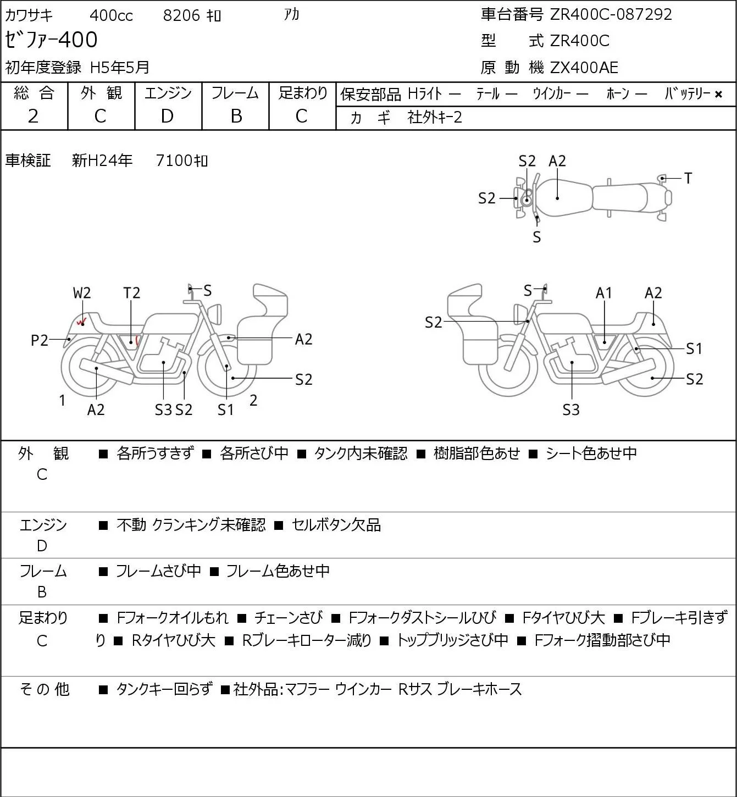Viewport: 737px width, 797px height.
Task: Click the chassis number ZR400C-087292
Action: pyautogui.click(x=611, y=15)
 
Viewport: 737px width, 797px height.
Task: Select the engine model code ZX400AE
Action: pyautogui.click(x=584, y=68)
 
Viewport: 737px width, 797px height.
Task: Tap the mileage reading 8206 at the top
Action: pyautogui.click(x=181, y=15)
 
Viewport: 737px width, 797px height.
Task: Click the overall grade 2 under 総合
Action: pyautogui.click(x=34, y=117)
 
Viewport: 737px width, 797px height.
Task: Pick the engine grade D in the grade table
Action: pyautogui.click(x=167, y=117)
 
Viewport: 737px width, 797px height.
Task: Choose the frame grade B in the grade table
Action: pyautogui.click(x=236, y=117)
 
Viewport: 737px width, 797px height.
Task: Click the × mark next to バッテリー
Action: pyautogui.click(x=718, y=95)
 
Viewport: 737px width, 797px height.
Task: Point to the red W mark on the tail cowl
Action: pyautogui.click(x=82, y=321)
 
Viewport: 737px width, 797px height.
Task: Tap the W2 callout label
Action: pyautogui.click(x=82, y=293)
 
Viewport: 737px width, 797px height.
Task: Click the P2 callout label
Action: pyautogui.click(x=40, y=340)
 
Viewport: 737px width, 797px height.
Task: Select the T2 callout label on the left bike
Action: pyautogui.click(x=131, y=293)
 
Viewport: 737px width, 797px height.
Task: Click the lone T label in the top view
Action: pyautogui.click(x=688, y=178)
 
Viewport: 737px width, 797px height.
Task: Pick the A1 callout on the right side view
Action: pyautogui.click(x=604, y=293)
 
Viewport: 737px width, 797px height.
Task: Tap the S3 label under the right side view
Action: pyautogui.click(x=571, y=409)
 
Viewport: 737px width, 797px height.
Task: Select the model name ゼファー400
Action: pyautogui.click(x=51, y=40)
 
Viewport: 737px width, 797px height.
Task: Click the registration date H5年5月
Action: pyautogui.click(x=120, y=68)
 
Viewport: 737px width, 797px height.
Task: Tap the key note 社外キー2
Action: pyautogui.click(x=435, y=118)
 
